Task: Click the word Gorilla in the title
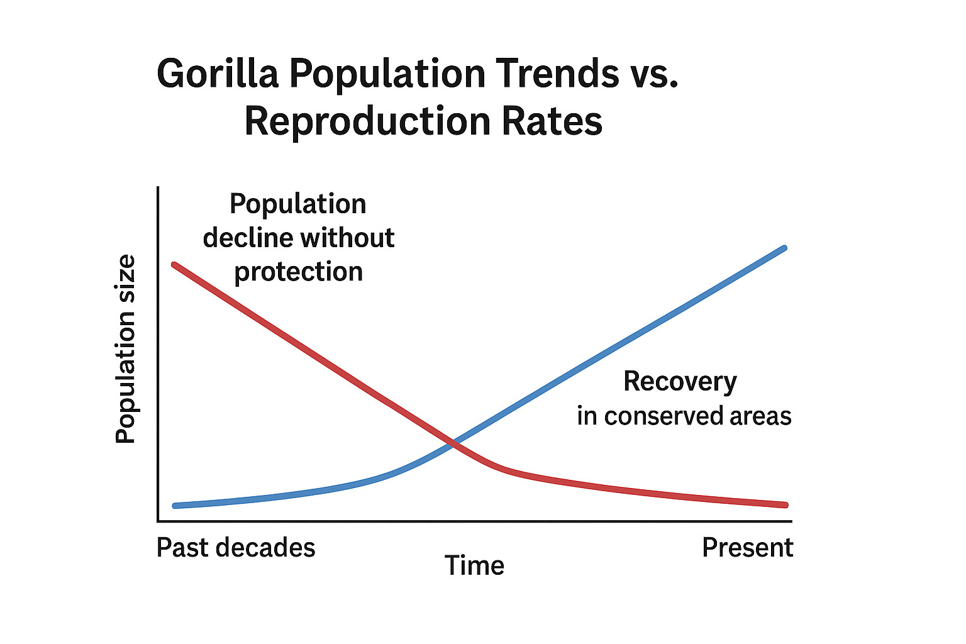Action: click(217, 74)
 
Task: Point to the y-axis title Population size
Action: click(126, 349)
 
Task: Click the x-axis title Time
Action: click(474, 565)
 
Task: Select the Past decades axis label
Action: click(236, 548)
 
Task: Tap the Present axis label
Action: click(747, 548)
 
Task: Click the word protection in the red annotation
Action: click(299, 272)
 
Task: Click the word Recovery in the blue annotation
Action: click(680, 382)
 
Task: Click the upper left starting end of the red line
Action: click(175, 265)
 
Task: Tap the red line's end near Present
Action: click(785, 504)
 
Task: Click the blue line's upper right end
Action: click(784, 248)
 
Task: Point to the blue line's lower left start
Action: click(175, 506)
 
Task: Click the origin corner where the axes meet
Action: click(158, 521)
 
